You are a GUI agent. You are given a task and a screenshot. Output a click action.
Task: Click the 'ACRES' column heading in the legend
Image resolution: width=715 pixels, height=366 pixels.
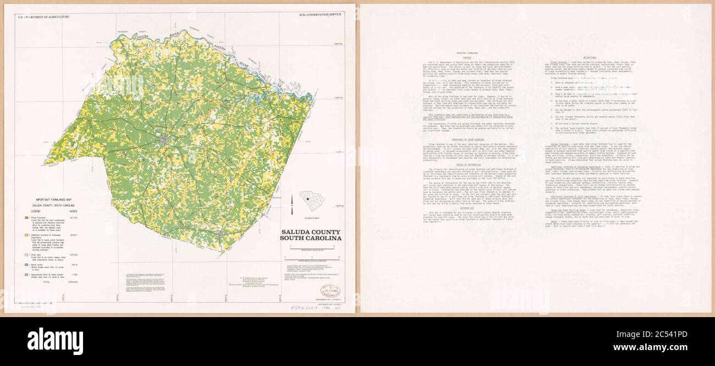coord(72,211)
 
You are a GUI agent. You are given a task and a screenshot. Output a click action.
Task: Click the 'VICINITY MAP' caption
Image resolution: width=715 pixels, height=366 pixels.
coord(311,218)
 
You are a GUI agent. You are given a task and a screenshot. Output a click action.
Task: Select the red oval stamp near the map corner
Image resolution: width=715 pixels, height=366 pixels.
coord(330,290)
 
